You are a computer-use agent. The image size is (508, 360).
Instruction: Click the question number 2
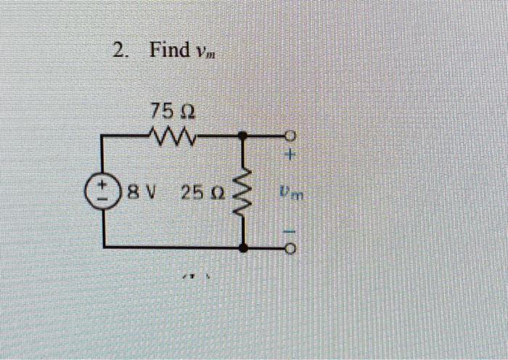[119, 51]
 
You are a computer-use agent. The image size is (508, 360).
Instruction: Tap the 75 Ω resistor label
[171, 112]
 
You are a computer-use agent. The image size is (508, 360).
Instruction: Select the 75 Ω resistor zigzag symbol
[171, 135]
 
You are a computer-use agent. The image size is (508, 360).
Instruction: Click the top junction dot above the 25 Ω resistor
[242, 136]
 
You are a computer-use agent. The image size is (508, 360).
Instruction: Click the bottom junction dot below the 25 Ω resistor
[242, 247]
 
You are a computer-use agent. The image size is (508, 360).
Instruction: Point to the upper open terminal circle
[291, 136]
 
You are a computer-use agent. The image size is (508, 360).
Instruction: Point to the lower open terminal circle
[291, 248]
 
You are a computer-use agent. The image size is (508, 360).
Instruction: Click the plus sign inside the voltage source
[104, 187]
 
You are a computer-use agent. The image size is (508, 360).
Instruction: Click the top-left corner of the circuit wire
[104, 136]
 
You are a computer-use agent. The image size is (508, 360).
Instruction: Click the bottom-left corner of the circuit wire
[104, 247]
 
